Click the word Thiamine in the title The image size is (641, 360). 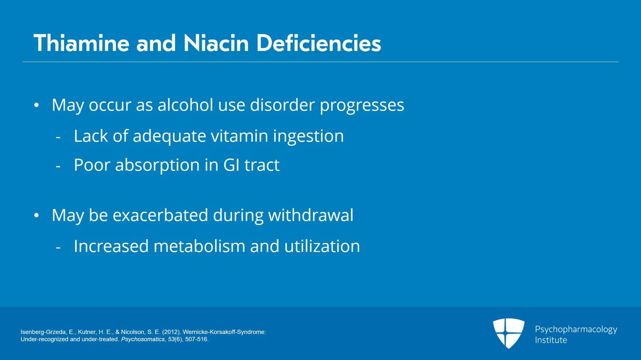click(x=81, y=43)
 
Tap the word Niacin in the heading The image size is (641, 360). click(x=216, y=43)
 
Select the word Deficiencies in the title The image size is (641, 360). click(x=318, y=43)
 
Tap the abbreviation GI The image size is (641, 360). click(x=231, y=165)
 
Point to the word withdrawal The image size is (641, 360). click(x=310, y=215)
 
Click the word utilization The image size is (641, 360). click(x=322, y=246)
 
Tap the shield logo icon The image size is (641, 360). click(x=508, y=333)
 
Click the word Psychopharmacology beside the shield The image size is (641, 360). click(x=576, y=330)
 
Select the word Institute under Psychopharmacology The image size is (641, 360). click(x=551, y=340)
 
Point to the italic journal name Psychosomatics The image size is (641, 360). click(x=143, y=339)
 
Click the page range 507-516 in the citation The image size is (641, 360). click(x=196, y=339)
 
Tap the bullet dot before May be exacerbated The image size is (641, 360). click(x=36, y=215)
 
